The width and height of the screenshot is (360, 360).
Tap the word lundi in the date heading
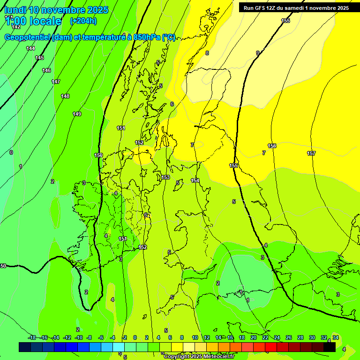pyautogui.click(x=15, y=10)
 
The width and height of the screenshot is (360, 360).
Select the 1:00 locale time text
pyautogui.click(x=33, y=21)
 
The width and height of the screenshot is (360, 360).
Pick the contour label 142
pyautogui.click(x=16, y=27)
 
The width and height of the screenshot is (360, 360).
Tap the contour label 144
pyautogui.click(x=30, y=48)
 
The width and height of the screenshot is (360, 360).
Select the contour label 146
pyautogui.click(x=46, y=70)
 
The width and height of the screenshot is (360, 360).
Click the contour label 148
pyautogui.click(x=65, y=96)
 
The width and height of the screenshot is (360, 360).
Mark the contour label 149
pyautogui.click(x=77, y=114)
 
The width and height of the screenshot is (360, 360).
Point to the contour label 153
pyautogui.click(x=165, y=177)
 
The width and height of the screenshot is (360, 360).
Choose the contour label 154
pyautogui.click(x=195, y=180)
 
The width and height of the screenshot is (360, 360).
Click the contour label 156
pyautogui.click(x=272, y=146)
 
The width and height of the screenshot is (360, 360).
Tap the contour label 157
pyautogui.click(x=311, y=153)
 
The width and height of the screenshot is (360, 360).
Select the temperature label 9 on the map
pyautogui.click(x=257, y=53)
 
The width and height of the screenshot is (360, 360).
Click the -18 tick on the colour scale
pyautogui.click(x=32, y=337)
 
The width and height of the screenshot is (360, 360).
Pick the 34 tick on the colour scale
pyautogui.click(x=336, y=337)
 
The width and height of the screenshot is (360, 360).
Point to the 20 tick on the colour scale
pyautogui.click(x=253, y=337)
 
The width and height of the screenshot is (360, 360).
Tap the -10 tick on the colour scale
pyautogui.click(x=79, y=337)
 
